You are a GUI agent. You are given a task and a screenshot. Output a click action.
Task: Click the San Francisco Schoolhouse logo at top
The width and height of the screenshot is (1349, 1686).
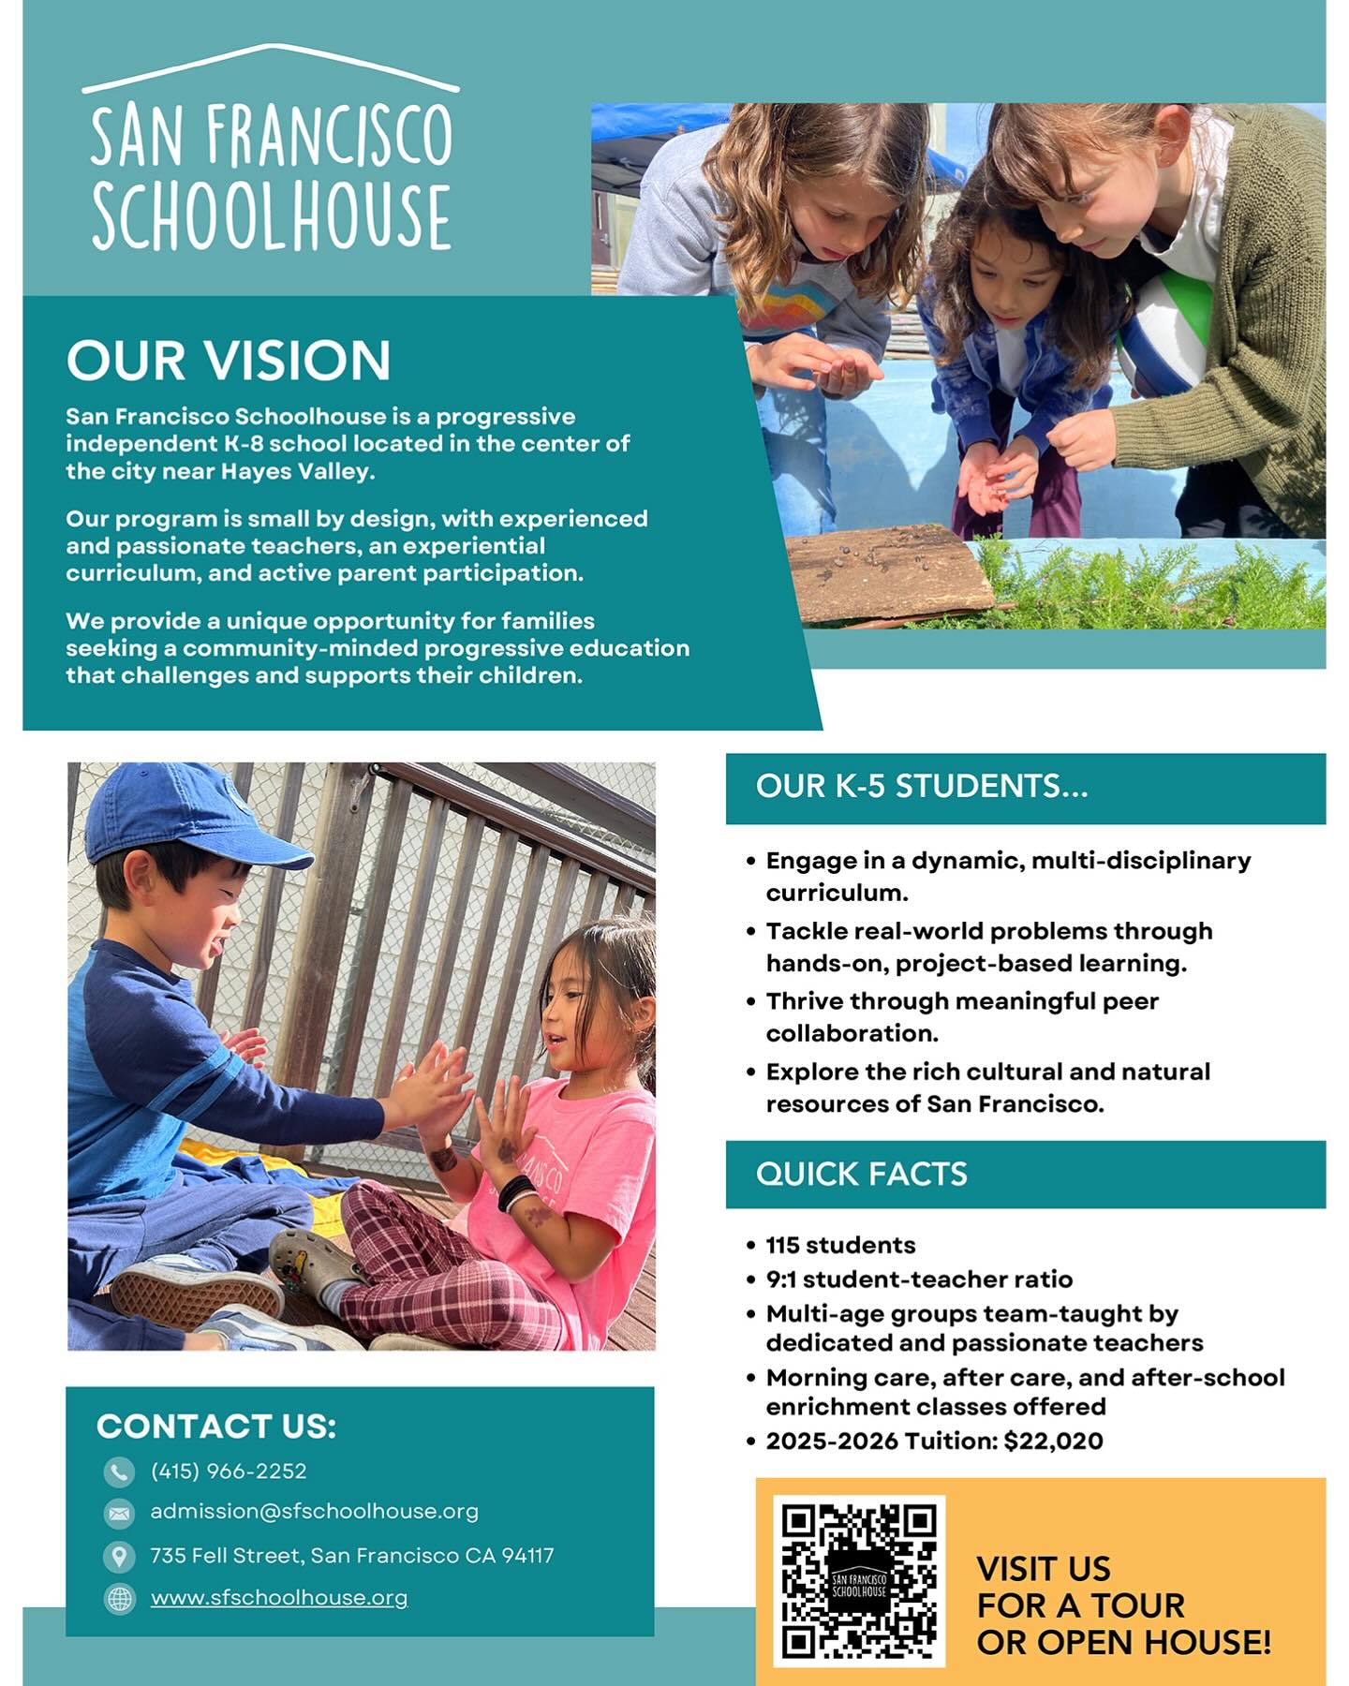click(271, 150)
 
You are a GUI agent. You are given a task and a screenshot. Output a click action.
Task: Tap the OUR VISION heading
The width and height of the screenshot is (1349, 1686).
click(228, 361)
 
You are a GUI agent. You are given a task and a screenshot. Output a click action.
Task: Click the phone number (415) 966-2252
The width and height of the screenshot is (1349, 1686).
click(229, 1471)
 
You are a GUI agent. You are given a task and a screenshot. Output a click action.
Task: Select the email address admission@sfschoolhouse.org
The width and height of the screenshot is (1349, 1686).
click(314, 1511)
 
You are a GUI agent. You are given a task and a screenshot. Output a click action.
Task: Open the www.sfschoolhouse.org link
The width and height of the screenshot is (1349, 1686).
click(279, 1597)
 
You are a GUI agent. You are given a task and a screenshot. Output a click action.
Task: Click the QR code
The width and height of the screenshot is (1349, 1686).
click(858, 1580)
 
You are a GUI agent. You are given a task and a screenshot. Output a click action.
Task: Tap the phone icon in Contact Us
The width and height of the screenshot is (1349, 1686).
click(119, 1472)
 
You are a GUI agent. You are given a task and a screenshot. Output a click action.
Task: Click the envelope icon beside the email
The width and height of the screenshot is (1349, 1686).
click(119, 1513)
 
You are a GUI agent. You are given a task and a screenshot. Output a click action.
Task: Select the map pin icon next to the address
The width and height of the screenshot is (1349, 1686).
click(119, 1556)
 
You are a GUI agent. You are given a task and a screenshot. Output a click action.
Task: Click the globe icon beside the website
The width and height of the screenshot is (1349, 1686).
click(119, 1599)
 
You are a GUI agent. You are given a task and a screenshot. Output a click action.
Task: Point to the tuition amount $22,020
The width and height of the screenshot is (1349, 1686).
click(1053, 1441)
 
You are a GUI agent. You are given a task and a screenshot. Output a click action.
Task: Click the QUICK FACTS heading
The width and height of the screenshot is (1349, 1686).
click(861, 1174)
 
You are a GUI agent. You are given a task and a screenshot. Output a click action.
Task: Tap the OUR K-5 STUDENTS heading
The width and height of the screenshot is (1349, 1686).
click(922, 786)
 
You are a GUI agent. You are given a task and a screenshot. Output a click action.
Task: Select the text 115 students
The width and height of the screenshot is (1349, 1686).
click(840, 1245)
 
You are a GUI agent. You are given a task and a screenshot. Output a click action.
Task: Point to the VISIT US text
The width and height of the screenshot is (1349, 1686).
click(1043, 1568)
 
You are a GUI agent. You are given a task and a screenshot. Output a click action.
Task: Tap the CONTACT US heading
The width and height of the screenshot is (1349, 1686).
click(215, 1426)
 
